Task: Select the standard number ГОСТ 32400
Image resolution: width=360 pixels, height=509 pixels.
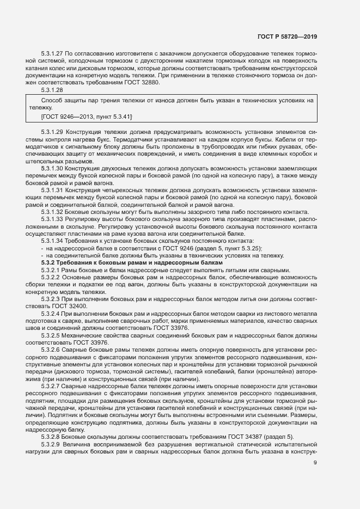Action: pos(63,306)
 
